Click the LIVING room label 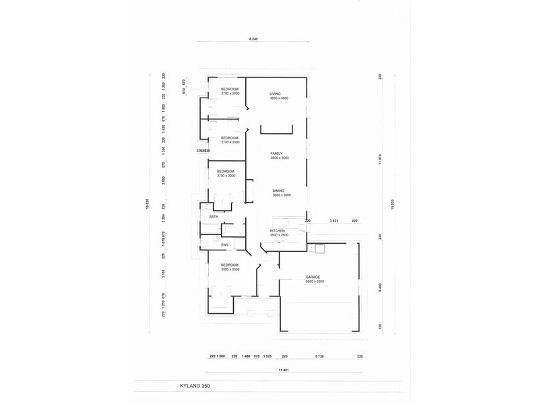point(275,94)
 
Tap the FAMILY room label point(276,153)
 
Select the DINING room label point(278,191)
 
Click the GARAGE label point(312,277)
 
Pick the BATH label point(214,217)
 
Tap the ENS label point(224,245)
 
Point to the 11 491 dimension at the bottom point(286,370)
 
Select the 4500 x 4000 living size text point(279,98)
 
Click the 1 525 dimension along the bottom point(267,356)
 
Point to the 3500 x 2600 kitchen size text point(279,235)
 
